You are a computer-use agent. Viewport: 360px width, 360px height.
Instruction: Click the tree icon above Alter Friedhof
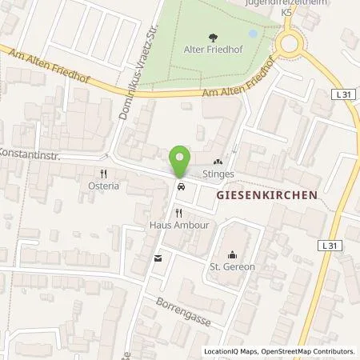[x=212, y=37]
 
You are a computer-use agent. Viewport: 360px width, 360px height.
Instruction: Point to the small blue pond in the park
[x=254, y=34]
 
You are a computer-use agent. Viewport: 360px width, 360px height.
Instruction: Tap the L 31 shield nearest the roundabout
[x=342, y=94]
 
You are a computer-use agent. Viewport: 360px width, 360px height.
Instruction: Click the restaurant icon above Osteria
[x=103, y=172]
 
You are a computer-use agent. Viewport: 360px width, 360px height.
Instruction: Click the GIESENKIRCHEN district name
[x=267, y=194]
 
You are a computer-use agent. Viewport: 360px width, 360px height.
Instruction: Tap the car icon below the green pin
[x=182, y=187]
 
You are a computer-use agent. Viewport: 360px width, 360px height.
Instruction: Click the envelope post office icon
[x=157, y=258]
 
